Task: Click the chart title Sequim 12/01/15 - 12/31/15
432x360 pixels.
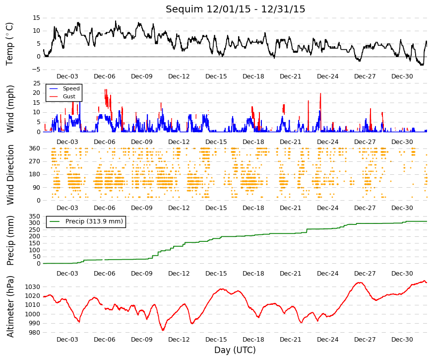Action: coord(235,9)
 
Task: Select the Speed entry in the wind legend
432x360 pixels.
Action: coord(71,88)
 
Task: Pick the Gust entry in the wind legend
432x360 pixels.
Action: coord(69,96)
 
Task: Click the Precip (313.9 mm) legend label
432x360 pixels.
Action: coord(94,221)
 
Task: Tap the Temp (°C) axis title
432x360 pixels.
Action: coord(9,44)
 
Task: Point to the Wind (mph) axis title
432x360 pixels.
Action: coord(10,109)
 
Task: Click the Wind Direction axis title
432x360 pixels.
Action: coord(10,175)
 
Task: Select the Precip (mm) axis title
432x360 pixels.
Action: coord(10,240)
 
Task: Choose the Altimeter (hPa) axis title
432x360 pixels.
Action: coord(10,306)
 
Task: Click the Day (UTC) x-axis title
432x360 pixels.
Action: coord(235,350)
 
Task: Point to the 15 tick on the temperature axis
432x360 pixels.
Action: coord(36,18)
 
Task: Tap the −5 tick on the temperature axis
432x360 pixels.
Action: coord(36,70)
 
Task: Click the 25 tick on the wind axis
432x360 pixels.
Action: coord(37,83)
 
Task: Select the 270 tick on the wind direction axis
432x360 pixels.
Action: coord(35,161)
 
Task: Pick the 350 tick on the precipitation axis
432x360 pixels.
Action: coord(35,216)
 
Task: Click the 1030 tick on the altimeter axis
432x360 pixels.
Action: coord(33,287)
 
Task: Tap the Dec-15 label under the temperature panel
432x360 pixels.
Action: coord(216,76)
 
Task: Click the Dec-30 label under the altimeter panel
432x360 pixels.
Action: coord(402,340)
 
